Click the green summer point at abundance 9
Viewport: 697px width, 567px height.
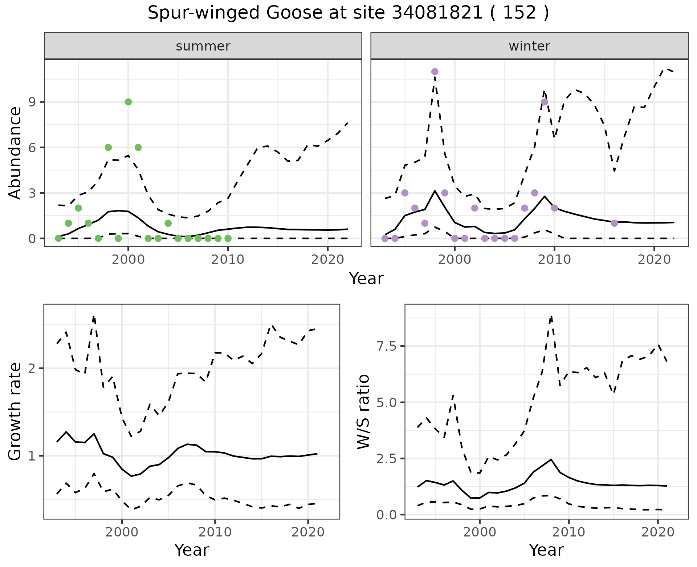[128, 102]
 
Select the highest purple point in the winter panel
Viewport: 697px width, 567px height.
[435, 72]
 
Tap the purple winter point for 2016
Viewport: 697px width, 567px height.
[614, 223]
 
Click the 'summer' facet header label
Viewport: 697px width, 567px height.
[203, 46]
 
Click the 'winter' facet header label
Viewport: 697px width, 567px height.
[529, 46]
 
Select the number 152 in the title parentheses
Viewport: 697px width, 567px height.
[520, 13]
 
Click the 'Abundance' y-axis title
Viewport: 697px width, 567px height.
[15, 153]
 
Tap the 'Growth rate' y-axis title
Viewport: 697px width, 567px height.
[15, 412]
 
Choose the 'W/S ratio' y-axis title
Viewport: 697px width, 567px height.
[363, 412]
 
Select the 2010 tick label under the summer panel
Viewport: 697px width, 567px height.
[228, 260]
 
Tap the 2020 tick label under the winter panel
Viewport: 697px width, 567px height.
[654, 260]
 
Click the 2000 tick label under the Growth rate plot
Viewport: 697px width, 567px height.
[122, 532]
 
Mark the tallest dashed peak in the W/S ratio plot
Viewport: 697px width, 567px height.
[551, 316]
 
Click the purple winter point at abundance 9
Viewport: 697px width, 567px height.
[544, 102]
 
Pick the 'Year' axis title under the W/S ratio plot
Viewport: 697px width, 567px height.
[546, 550]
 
